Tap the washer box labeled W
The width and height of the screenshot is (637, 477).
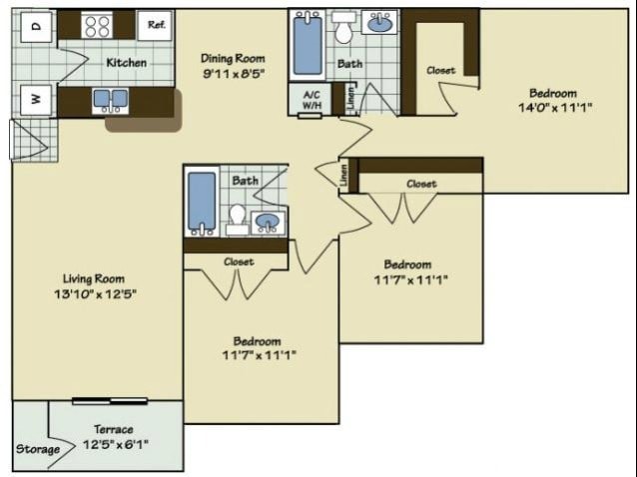click(35, 100)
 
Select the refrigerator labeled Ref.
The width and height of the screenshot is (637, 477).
click(156, 25)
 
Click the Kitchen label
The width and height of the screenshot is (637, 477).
click(127, 63)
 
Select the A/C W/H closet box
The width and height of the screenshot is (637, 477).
click(310, 99)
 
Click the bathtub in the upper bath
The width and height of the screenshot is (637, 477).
click(309, 44)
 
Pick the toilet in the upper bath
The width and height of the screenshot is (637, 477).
click(344, 30)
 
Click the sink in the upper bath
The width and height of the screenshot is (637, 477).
click(379, 24)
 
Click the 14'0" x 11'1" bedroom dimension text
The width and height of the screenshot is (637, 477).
click(555, 106)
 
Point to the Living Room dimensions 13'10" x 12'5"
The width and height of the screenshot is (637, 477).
click(98, 294)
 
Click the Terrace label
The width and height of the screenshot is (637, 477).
click(115, 429)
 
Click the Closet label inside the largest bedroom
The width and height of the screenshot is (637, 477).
click(441, 71)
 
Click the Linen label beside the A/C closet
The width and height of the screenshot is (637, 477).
click(351, 98)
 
